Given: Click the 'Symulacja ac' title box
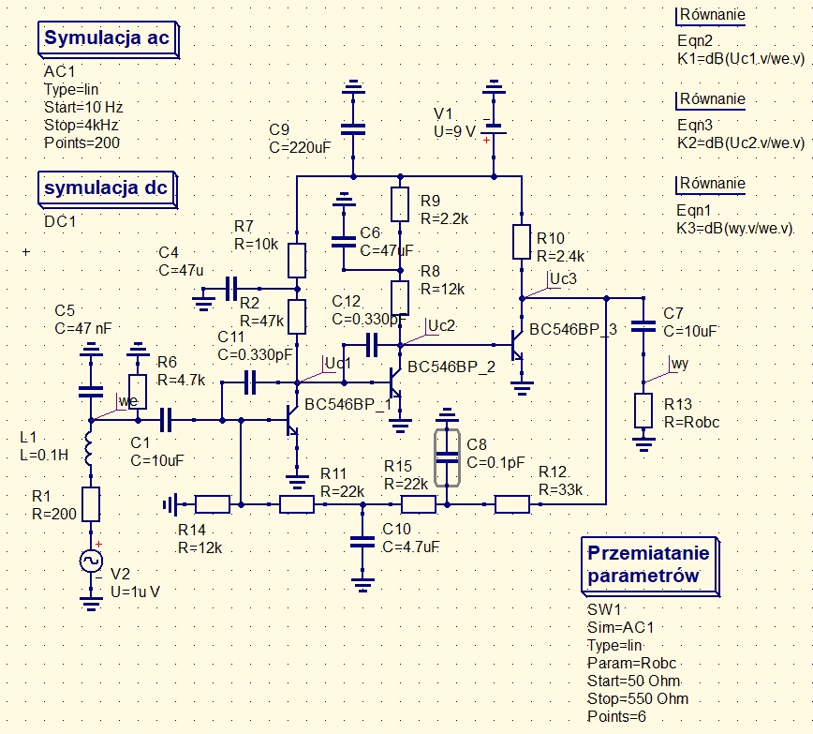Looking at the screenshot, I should (x=106, y=38).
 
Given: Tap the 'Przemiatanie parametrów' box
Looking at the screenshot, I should (x=650, y=564).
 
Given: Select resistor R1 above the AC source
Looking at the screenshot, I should (x=91, y=504).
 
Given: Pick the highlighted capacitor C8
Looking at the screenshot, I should (x=448, y=457).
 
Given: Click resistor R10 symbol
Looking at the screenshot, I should (x=523, y=242).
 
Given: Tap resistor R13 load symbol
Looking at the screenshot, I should (x=643, y=410).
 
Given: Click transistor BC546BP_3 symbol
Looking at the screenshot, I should (x=517, y=346).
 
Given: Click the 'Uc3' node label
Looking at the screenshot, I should (x=564, y=278).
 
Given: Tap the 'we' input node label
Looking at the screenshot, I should (x=127, y=401).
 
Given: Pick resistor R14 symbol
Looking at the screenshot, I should (x=213, y=504).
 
